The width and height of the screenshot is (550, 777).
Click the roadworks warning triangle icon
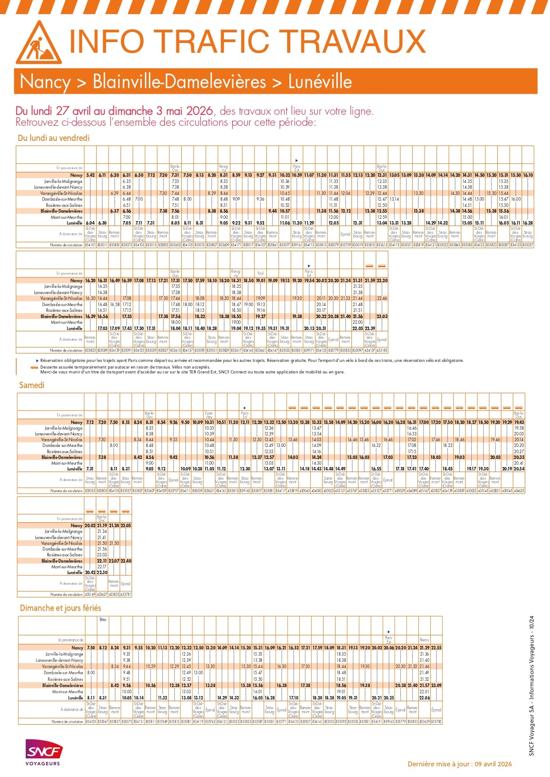[x=39, y=43]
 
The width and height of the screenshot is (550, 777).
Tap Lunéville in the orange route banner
[x=320, y=82]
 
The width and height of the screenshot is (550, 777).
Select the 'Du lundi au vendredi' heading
[x=54, y=138]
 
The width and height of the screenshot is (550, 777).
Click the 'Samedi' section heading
[x=31, y=385]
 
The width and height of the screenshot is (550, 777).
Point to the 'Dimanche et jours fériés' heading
[x=60, y=608]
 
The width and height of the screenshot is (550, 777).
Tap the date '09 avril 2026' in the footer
[x=493, y=764]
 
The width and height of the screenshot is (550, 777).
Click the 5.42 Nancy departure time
[x=90, y=175]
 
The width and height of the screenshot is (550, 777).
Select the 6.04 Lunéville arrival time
[x=90, y=223]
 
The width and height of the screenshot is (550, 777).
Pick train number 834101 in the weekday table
[x=90, y=245]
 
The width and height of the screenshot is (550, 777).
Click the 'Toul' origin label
[x=260, y=273]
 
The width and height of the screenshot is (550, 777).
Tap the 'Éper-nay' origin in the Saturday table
[x=209, y=415]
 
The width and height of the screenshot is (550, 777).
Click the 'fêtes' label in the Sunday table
[x=103, y=620]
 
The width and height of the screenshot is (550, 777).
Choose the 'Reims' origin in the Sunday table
[x=424, y=640]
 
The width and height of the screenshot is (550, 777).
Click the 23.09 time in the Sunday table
[x=436, y=685]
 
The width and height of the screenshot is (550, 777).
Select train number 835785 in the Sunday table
[x=436, y=722]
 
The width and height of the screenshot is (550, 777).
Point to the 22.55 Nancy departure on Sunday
[x=436, y=648]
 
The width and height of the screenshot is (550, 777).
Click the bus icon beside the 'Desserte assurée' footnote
[x=34, y=367]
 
